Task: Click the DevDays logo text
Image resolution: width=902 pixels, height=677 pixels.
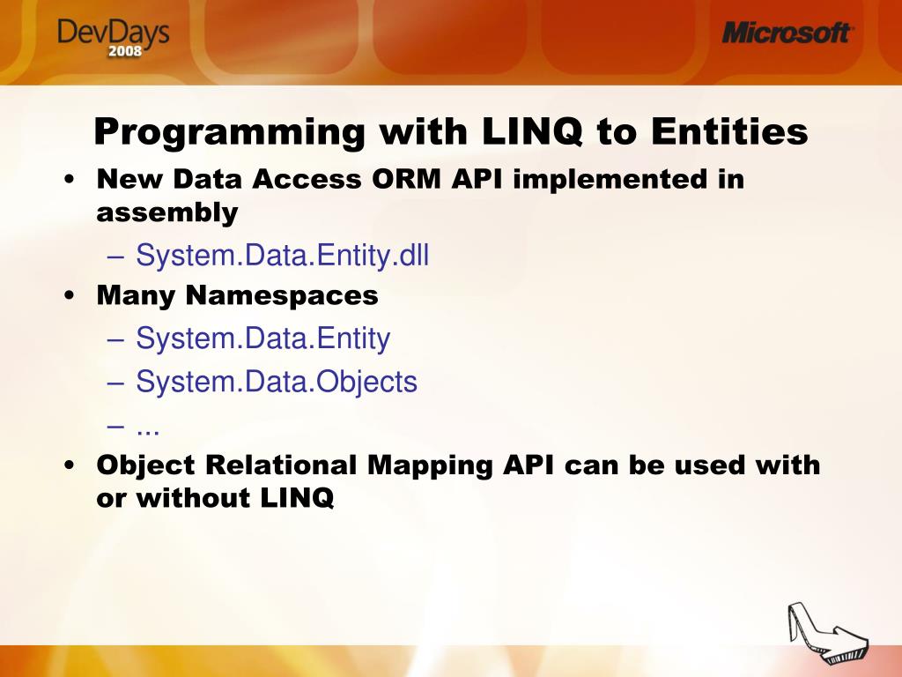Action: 114,32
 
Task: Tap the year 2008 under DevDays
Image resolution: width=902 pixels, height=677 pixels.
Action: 125,50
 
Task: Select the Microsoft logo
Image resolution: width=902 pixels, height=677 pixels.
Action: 787,33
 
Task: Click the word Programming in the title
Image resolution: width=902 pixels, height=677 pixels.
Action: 230,132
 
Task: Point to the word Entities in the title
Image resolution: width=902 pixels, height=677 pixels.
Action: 729,131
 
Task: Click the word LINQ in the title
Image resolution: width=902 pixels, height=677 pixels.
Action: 532,132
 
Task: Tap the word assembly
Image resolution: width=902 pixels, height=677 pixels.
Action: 167,212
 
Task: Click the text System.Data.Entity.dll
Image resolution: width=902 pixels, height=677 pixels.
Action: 283,255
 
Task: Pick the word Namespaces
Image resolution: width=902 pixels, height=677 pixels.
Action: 282,295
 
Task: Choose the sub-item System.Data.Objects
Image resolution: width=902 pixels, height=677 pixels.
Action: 276,381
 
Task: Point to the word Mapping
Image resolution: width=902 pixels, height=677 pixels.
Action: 430,465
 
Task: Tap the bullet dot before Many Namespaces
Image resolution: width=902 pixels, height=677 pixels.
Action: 70,296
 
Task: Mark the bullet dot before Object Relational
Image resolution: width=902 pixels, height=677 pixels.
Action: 70,465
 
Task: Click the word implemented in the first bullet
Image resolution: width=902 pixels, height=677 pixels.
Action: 610,179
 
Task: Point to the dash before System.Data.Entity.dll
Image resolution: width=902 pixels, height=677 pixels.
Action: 115,257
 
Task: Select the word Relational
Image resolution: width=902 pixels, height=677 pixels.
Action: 281,465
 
